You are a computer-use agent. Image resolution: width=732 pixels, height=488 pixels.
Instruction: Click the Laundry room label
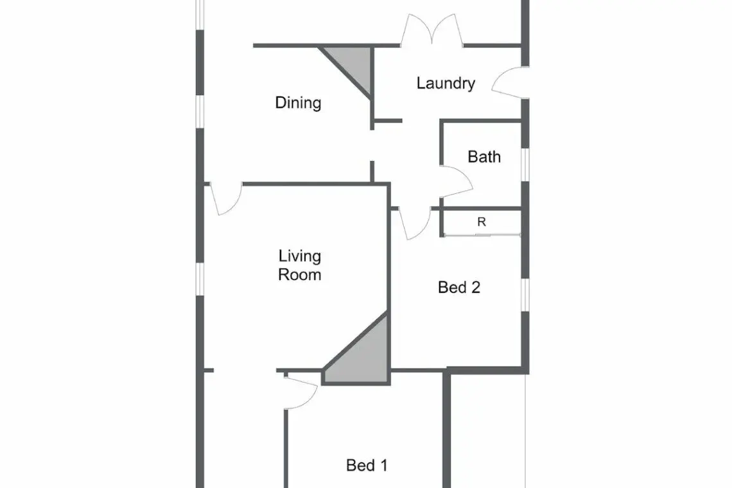446,83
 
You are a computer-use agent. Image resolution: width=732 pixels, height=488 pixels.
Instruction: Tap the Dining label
299,103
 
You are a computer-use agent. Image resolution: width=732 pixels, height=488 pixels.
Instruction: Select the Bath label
484,157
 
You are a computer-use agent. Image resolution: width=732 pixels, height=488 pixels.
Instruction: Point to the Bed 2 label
459,287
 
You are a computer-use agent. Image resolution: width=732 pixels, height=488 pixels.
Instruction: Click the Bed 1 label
367,465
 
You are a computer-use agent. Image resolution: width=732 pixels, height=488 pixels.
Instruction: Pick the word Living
300,256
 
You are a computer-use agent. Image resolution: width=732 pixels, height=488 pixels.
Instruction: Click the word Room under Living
300,275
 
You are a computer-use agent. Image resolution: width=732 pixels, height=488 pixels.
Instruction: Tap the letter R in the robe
482,222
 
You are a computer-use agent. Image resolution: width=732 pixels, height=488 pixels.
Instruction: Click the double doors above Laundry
432,30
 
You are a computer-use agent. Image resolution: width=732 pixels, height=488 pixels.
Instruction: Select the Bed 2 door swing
415,223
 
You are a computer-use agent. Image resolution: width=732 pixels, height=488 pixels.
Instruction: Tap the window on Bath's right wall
525,164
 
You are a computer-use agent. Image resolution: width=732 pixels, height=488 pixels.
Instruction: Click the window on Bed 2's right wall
525,295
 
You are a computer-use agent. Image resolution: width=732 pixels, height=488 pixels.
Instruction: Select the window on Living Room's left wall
200,279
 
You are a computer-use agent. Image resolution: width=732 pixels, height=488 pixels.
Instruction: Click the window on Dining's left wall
200,112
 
